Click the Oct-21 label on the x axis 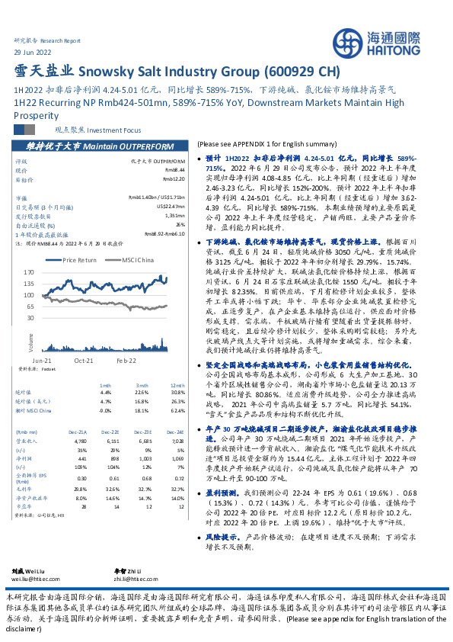pyautogui.click(x=84, y=357)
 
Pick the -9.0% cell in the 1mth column pyautogui.click(x=105, y=409)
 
